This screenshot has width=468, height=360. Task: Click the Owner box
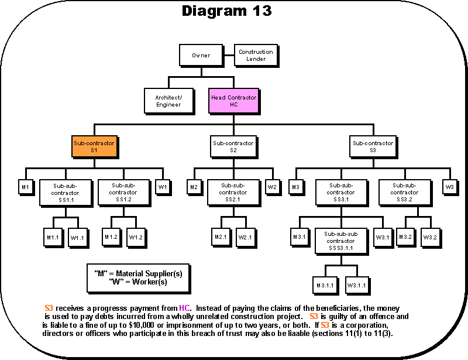click(x=201, y=56)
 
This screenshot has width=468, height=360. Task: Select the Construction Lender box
click(x=255, y=55)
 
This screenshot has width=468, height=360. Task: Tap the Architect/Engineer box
click(x=168, y=101)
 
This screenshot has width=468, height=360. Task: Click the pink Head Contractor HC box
click(x=233, y=101)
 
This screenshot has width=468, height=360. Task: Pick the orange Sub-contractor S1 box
click(x=94, y=146)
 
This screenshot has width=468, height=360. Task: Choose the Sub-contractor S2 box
click(x=233, y=146)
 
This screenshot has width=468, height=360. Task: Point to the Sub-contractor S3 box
click(x=373, y=146)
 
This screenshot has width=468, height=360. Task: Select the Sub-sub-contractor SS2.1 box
click(x=233, y=192)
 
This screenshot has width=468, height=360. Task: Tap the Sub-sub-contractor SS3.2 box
click(x=405, y=192)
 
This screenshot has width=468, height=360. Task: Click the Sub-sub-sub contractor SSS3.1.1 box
click(x=340, y=241)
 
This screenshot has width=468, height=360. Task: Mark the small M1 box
click(x=25, y=187)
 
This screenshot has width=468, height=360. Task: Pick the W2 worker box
click(x=272, y=187)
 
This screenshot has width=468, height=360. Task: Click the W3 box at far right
click(x=449, y=187)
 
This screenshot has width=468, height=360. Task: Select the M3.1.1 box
click(x=325, y=285)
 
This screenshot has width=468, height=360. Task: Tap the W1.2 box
click(x=136, y=237)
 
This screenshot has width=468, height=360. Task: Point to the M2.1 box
click(x=220, y=237)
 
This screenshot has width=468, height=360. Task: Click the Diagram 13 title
click(x=226, y=11)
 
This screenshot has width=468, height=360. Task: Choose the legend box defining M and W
click(x=138, y=277)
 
